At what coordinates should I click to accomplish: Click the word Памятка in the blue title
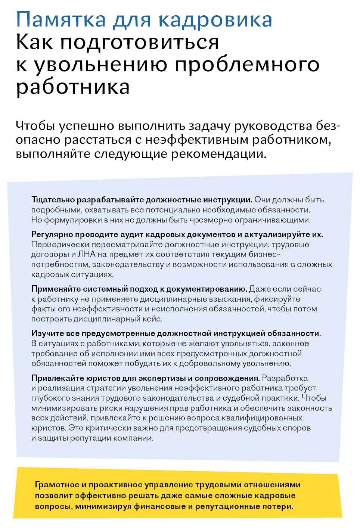[x=61, y=20]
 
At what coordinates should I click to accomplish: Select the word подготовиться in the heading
[x=139, y=42]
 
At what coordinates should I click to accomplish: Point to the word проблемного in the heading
[x=247, y=65]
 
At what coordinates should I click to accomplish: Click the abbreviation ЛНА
[x=87, y=254]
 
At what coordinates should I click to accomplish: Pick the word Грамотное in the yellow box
[x=57, y=485]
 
